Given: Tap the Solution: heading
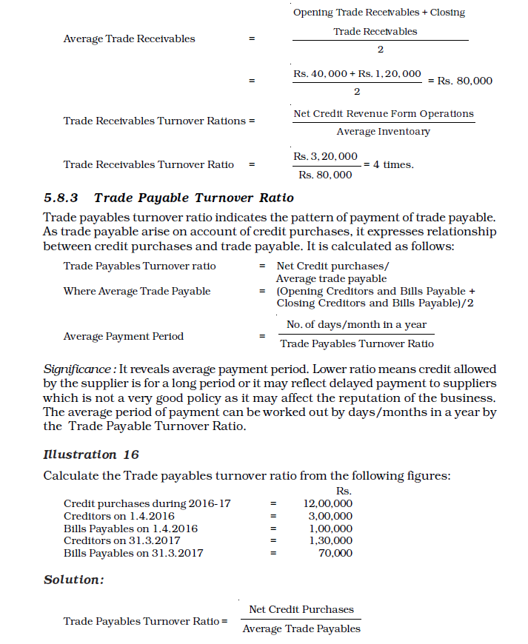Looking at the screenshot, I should (74, 580).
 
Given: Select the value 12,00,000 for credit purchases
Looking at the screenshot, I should (328, 503).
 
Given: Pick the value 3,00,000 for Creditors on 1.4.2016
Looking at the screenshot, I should (330, 516).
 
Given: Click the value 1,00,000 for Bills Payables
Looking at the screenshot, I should (330, 529).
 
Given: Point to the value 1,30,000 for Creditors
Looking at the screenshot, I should (330, 540).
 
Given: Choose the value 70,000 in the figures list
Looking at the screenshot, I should (335, 553).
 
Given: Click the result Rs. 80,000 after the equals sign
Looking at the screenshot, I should (464, 81).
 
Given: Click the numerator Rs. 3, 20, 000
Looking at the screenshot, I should (325, 156).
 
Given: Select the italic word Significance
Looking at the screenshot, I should (78, 369).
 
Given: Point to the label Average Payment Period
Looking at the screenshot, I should (124, 336).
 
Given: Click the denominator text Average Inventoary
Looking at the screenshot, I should (383, 131).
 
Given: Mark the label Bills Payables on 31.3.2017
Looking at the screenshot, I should (133, 553).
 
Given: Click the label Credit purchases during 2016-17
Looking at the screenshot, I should (147, 503).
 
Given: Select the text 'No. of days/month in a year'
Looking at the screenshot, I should (356, 324).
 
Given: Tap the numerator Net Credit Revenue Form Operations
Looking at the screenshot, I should (384, 113).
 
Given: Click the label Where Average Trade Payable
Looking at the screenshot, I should (137, 291).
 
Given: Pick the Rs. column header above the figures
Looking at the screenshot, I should (344, 491).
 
